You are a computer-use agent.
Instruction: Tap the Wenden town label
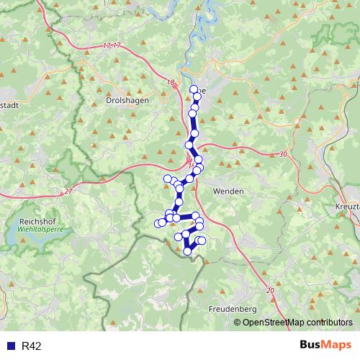click(x=228, y=192)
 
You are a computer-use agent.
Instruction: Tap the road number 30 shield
click(x=281, y=154)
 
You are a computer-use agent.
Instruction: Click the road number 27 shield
click(x=68, y=191)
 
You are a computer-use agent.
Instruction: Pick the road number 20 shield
click(x=271, y=290)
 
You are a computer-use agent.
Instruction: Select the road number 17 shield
click(x=112, y=45)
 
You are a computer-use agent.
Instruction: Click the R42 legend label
click(x=32, y=346)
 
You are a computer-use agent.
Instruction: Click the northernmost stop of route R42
click(x=193, y=89)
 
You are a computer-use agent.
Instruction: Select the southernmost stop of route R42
click(x=188, y=251)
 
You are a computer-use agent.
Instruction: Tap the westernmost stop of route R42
click(x=158, y=223)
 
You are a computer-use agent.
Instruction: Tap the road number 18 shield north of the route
click(x=171, y=83)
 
